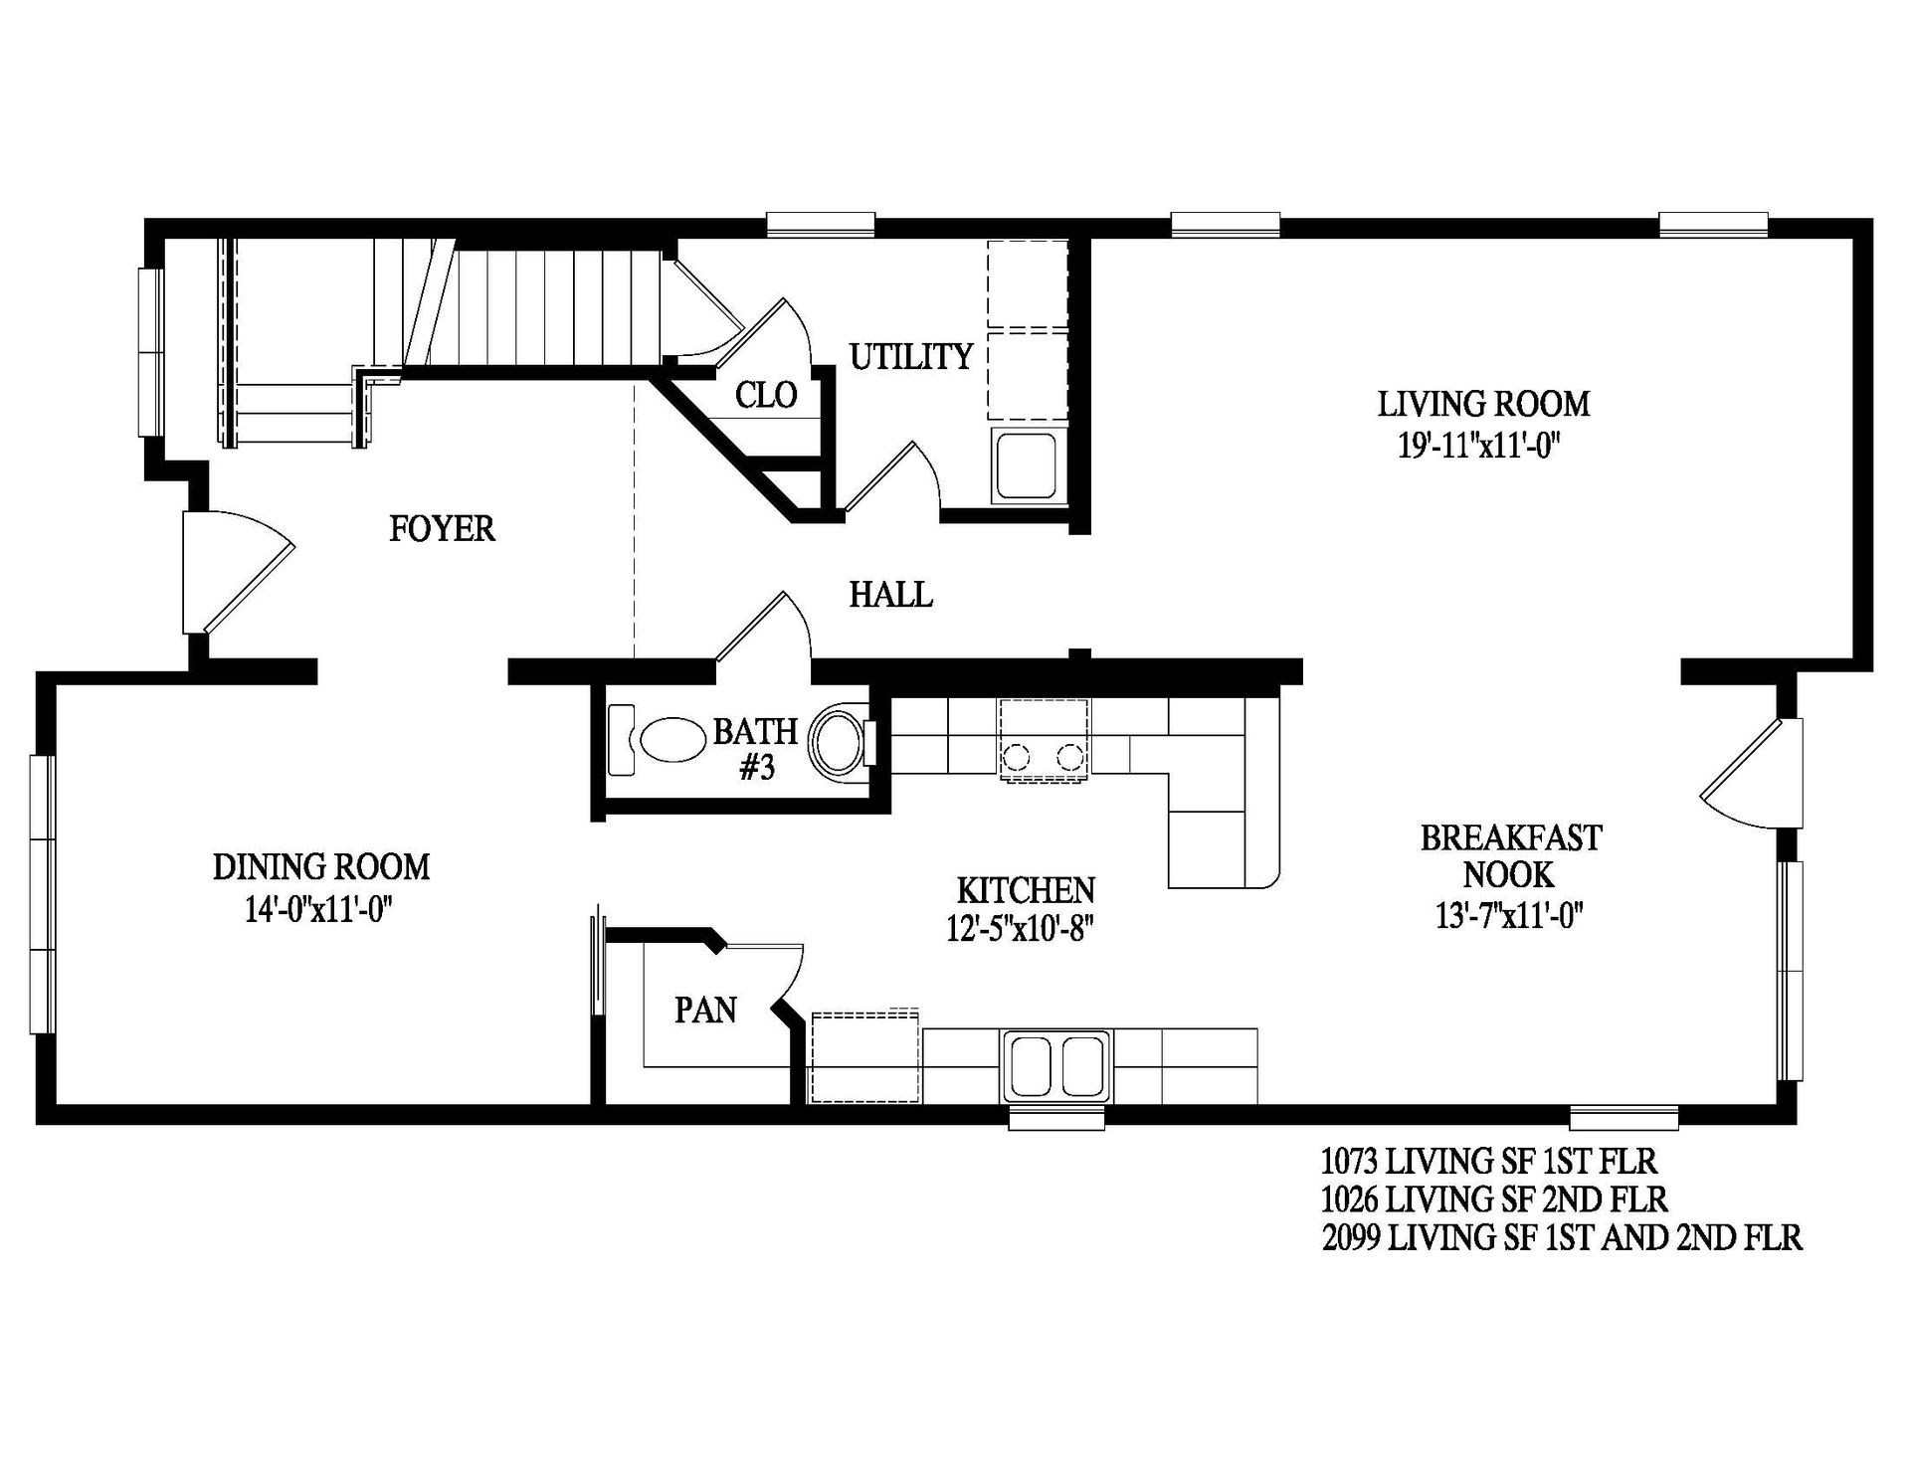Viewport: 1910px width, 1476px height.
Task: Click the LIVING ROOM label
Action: [x=1483, y=404]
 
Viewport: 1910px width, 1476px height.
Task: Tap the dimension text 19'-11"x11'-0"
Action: [x=1476, y=446]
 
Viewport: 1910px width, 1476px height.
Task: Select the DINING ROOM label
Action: [x=321, y=867]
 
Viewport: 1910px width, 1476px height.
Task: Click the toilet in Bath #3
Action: [x=838, y=742]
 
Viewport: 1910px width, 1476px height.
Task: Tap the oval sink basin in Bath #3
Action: [x=671, y=741]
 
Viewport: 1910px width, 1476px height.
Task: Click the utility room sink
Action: [x=1027, y=465]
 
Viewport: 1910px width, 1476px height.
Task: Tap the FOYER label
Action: [x=442, y=528]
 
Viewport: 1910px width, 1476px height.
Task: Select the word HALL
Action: [x=890, y=595]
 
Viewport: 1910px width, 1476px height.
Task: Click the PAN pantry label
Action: [x=705, y=1011]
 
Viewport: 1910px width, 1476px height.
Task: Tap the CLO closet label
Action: [x=766, y=396]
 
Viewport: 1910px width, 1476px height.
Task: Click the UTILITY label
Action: [x=910, y=356]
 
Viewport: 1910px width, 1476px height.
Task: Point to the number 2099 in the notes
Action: [x=1351, y=1238]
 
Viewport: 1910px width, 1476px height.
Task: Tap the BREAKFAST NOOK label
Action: [x=1509, y=856]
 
